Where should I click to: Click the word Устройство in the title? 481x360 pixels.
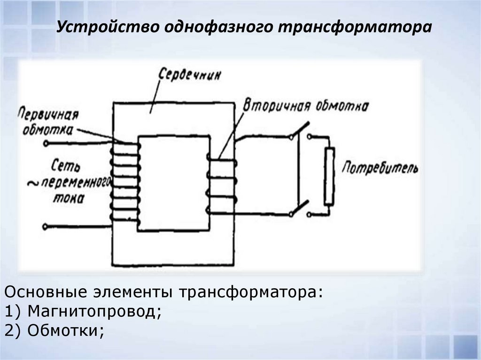pos(108,27)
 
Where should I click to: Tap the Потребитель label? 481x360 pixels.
pos(380,168)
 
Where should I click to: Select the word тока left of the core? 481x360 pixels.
pos(69,199)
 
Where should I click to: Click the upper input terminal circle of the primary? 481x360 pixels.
pos(46,143)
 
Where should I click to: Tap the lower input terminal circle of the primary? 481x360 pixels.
pos(45,227)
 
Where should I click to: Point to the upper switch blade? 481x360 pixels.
pos(300,130)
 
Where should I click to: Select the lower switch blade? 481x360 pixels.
pos(300,208)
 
